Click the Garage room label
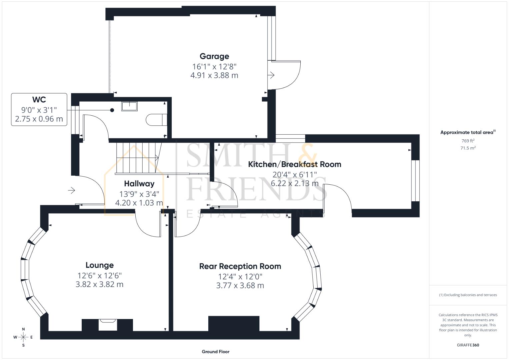(214, 56)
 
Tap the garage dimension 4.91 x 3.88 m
(214, 75)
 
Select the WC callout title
(39, 100)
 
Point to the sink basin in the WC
(129, 106)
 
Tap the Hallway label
(139, 184)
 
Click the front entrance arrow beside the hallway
(71, 190)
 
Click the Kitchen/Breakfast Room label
(294, 164)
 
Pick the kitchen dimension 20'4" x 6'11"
(294, 174)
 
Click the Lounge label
(99, 265)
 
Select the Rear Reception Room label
(240, 266)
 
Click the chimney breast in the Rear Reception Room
(234, 323)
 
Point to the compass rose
(23, 337)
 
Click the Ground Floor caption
(215, 352)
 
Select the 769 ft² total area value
(468, 141)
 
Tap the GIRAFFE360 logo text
(468, 345)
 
